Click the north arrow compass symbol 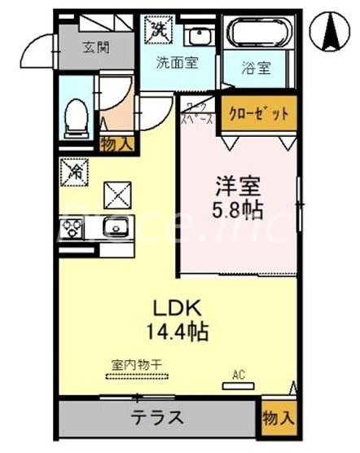point(333,33)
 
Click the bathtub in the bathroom point(257,35)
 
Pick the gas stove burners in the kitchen point(70,228)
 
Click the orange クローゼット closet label point(257,113)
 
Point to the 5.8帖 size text point(237,209)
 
